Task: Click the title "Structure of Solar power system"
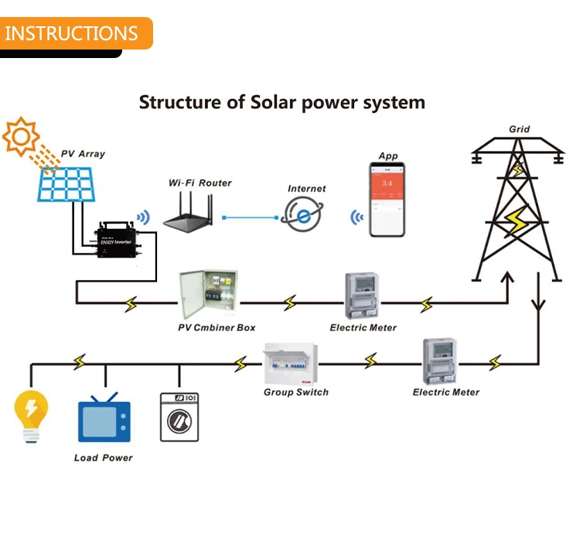coord(281,102)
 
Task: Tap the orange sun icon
coord(20,137)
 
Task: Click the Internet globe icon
coord(302,214)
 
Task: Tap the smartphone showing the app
coord(387,201)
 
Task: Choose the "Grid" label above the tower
coord(519,129)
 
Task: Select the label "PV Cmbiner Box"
coord(217,328)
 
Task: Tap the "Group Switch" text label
coord(295,392)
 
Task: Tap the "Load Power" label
coord(103,458)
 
